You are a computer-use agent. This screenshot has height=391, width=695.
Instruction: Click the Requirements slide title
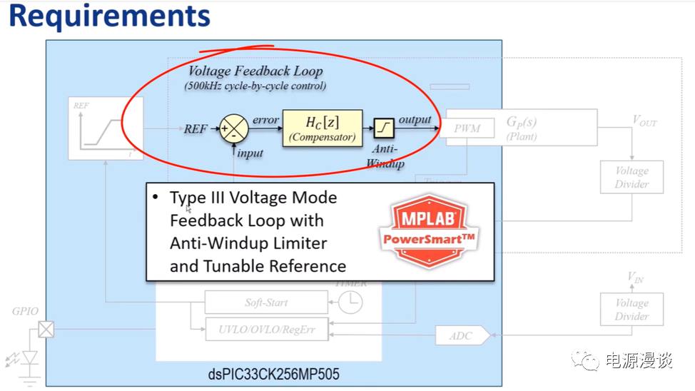[x=109, y=17]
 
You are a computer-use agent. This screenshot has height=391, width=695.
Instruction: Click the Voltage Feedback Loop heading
[x=255, y=71]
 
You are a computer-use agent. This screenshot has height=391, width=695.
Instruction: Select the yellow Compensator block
[x=322, y=128]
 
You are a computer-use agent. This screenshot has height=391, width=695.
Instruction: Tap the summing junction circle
[x=233, y=128]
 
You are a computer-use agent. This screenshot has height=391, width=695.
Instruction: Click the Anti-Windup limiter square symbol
[x=383, y=128]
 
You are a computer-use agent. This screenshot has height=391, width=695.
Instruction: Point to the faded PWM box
[x=467, y=129]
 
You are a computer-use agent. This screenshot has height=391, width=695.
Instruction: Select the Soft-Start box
[x=266, y=303]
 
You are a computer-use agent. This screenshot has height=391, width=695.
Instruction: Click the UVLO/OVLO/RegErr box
[x=267, y=329]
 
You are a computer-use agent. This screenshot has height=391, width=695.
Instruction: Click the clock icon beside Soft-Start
[x=350, y=303]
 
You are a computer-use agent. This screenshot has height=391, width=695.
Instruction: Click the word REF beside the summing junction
[x=196, y=129]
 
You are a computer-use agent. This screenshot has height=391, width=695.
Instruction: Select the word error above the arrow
[x=265, y=120]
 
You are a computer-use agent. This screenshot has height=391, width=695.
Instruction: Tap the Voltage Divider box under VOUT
[x=631, y=177]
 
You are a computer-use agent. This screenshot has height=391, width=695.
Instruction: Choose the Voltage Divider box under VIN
[x=631, y=310]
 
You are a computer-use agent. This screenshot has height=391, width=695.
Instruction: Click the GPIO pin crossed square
[x=46, y=330]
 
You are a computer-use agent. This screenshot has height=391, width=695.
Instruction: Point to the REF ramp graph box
[x=101, y=128]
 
